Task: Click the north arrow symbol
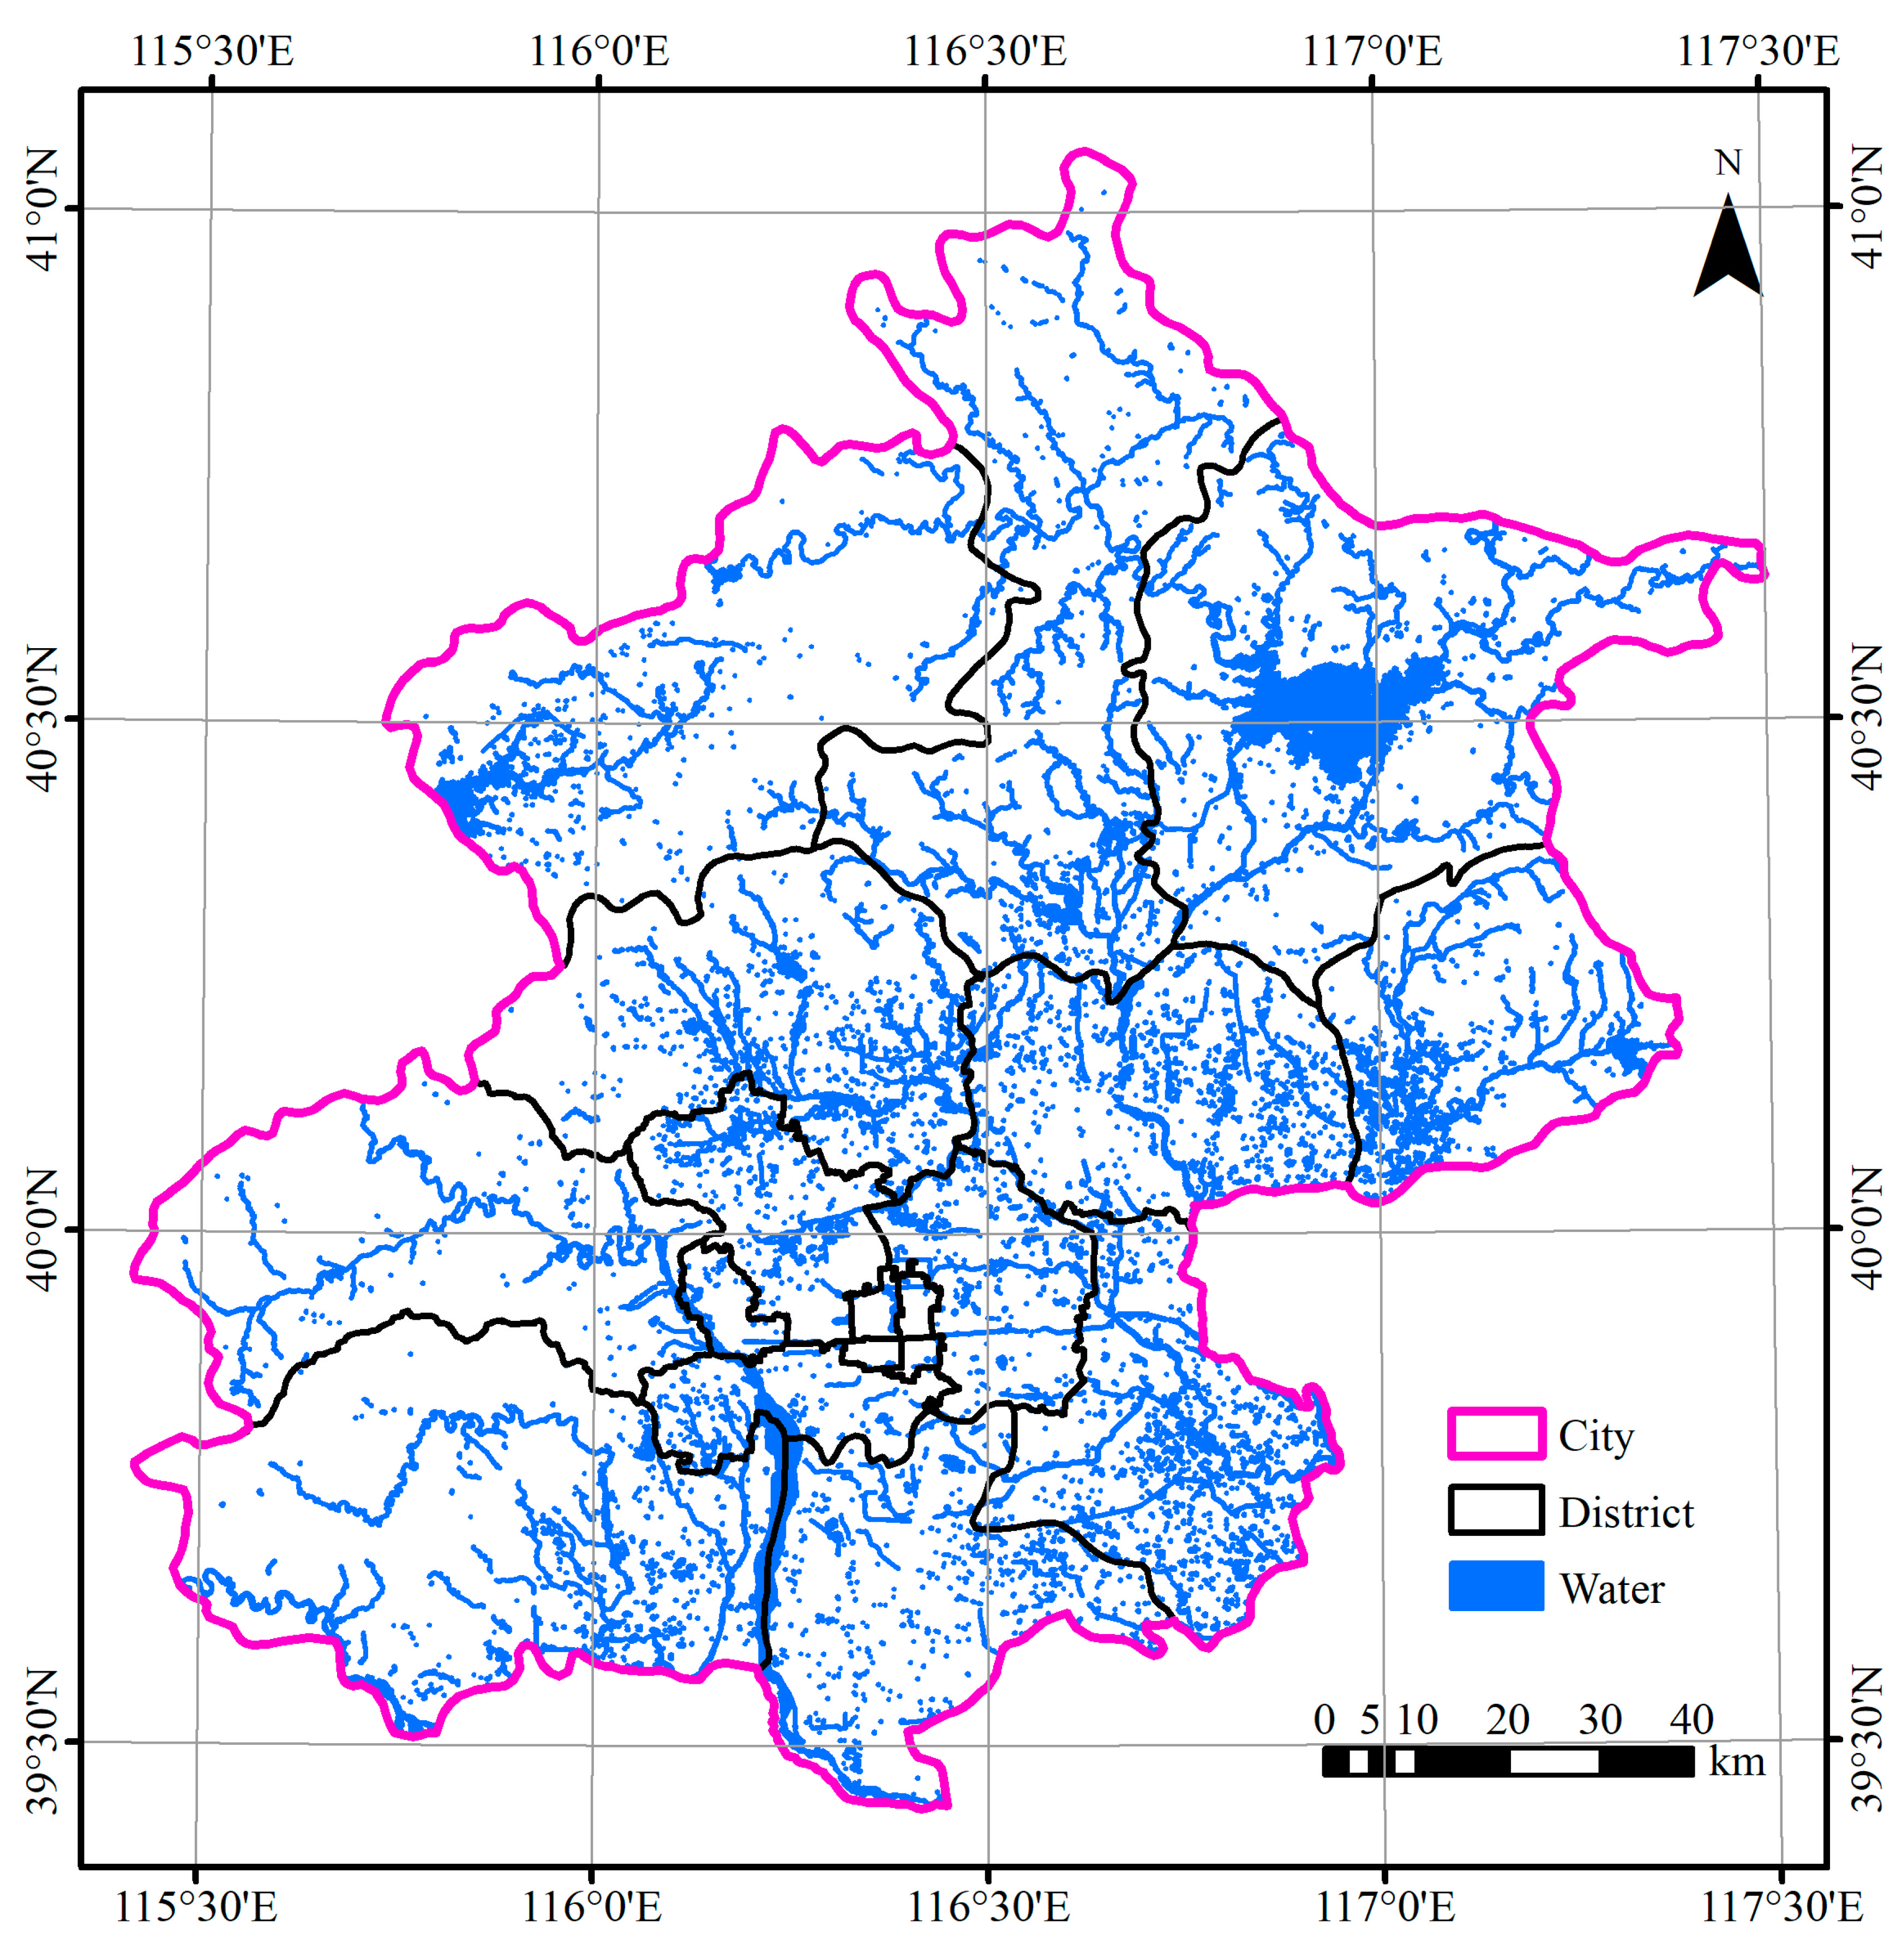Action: click(1727, 248)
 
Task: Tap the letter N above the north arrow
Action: click(1727, 163)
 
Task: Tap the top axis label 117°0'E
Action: click(1372, 51)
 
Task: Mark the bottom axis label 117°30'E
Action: click(1781, 1906)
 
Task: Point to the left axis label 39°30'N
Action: click(42, 1740)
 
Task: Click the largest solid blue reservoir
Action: click(1329, 704)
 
